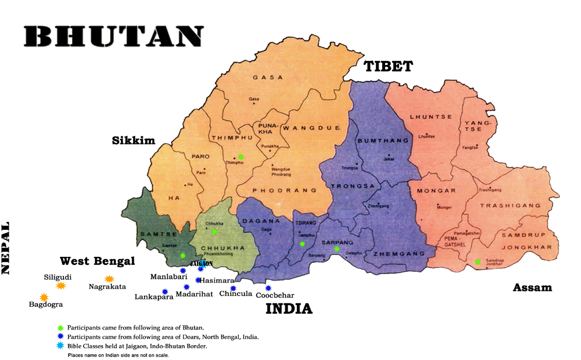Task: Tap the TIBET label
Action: [x=388, y=67]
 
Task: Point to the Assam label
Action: [x=532, y=287]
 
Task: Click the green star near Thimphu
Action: [x=241, y=157]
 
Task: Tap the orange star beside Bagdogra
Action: [x=44, y=297]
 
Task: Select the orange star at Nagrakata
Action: [x=109, y=279]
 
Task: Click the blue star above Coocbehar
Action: [x=268, y=288]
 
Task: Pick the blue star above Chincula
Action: [x=233, y=289]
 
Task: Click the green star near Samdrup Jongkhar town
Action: [x=477, y=262]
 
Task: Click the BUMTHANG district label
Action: [x=375, y=141]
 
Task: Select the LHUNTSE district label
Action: [x=431, y=117]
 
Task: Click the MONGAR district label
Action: [x=441, y=191]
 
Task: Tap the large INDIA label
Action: [x=289, y=309]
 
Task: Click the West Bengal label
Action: [x=97, y=261]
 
